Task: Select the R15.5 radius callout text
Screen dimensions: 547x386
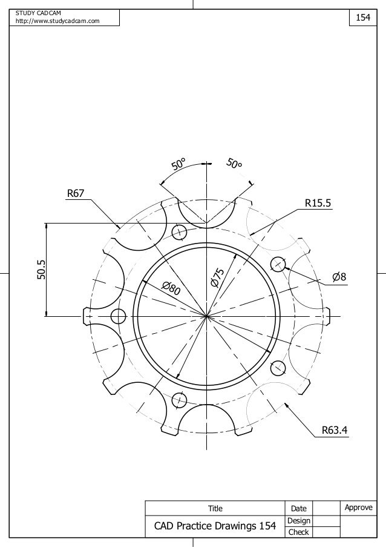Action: pyautogui.click(x=318, y=204)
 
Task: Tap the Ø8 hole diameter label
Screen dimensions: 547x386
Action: pyautogui.click(x=339, y=277)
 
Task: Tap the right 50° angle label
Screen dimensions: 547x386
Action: pyautogui.click(x=234, y=164)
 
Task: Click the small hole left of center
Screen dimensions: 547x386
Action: pyautogui.click(x=118, y=316)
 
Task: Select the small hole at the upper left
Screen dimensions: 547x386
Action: pyautogui.click(x=180, y=232)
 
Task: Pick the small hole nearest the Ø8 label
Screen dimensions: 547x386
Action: pyautogui.click(x=278, y=264)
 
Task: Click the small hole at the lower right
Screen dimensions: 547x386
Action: pyautogui.click(x=278, y=368)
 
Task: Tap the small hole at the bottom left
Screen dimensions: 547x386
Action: pyautogui.click(x=180, y=399)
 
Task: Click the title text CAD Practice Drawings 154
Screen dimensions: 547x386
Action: pyautogui.click(x=215, y=527)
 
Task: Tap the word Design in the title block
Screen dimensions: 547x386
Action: pyautogui.click(x=299, y=521)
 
